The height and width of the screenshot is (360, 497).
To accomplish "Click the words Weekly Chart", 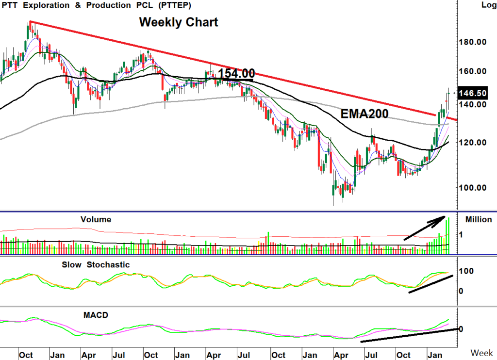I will [x=179, y=22].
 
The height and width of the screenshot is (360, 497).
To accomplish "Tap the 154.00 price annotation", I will [x=236, y=74].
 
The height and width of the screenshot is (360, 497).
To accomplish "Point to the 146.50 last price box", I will [x=472, y=93].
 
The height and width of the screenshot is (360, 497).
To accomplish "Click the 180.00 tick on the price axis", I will [x=473, y=42].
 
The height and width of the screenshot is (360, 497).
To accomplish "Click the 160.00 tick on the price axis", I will [x=473, y=71].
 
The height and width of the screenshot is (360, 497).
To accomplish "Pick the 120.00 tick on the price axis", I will [x=473, y=143].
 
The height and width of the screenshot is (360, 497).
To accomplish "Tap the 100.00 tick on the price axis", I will [x=473, y=188].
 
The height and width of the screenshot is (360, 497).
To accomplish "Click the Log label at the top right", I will [x=488, y=5].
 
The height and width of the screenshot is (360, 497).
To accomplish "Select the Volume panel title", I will [x=96, y=220].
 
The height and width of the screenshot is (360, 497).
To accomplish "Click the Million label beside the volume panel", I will [x=479, y=220].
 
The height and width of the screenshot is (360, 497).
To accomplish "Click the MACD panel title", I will [x=96, y=315].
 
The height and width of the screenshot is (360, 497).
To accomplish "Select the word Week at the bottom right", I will [x=482, y=352].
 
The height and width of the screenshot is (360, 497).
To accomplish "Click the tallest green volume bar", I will [x=449, y=236].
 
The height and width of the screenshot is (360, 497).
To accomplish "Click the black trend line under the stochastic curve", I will [x=431, y=284].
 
